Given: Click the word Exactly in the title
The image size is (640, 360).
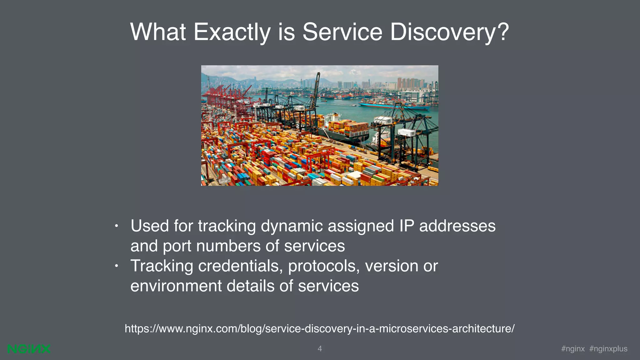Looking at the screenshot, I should click(232, 32).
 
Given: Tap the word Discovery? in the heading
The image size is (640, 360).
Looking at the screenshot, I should click(449, 32).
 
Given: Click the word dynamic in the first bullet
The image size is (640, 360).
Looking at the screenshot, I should click(292, 226).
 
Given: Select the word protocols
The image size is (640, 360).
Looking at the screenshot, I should click(323, 266).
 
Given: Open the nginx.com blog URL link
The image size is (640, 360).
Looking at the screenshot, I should click(319, 328).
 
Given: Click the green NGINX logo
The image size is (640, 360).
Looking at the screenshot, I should click(29, 349).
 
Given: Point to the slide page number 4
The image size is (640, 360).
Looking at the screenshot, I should click(320, 349).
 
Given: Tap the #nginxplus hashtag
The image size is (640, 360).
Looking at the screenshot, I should click(608, 349).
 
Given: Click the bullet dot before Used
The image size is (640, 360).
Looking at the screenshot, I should click(116, 226).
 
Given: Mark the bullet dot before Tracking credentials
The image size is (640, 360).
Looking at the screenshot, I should click(116, 266).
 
